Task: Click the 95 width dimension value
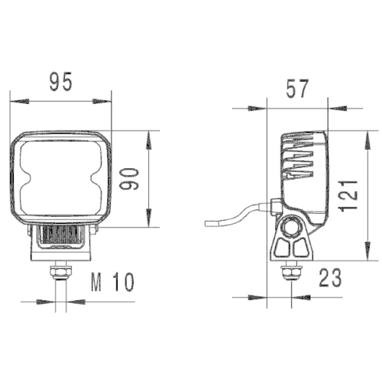tap(61, 82)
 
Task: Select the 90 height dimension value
tap(129, 179)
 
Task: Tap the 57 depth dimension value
tap(297, 89)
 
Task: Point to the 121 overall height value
tap(348, 196)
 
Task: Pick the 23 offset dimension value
tap(330, 277)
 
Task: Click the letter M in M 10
tap(96, 282)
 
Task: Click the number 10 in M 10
tap(124, 282)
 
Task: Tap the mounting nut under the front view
tap(61, 272)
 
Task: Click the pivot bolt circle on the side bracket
tap(290, 227)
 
